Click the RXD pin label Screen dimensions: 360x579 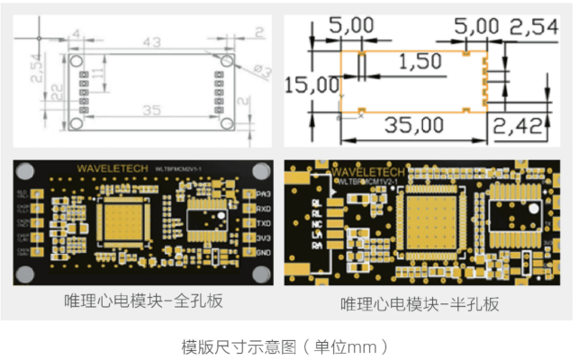263,208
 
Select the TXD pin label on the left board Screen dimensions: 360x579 263,222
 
